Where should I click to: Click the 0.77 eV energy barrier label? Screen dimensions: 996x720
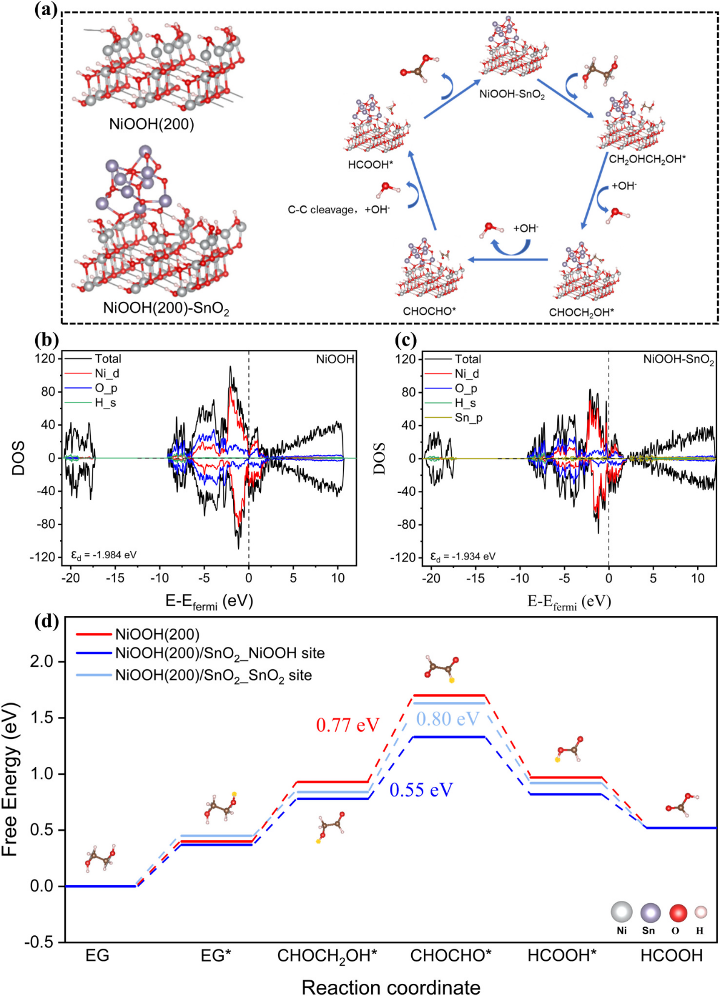348,724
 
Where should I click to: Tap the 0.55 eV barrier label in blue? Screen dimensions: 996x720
421,790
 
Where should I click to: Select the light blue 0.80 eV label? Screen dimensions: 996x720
448,719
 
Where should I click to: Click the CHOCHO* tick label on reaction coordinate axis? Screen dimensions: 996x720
451,956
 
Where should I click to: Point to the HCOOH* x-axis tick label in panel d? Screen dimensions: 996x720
561,956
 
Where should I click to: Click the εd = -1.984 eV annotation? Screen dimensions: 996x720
104,555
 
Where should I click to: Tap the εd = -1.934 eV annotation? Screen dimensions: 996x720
463,556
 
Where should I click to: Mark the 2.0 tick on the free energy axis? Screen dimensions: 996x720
42,661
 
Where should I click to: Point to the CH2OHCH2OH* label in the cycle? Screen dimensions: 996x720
647,159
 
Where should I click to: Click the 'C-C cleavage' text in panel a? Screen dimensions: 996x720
320,210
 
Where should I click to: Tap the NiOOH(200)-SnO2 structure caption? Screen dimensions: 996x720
166,308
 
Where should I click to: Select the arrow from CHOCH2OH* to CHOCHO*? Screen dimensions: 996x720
508,259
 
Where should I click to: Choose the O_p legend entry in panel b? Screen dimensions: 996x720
105,388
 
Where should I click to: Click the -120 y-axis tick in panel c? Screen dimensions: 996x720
404,557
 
